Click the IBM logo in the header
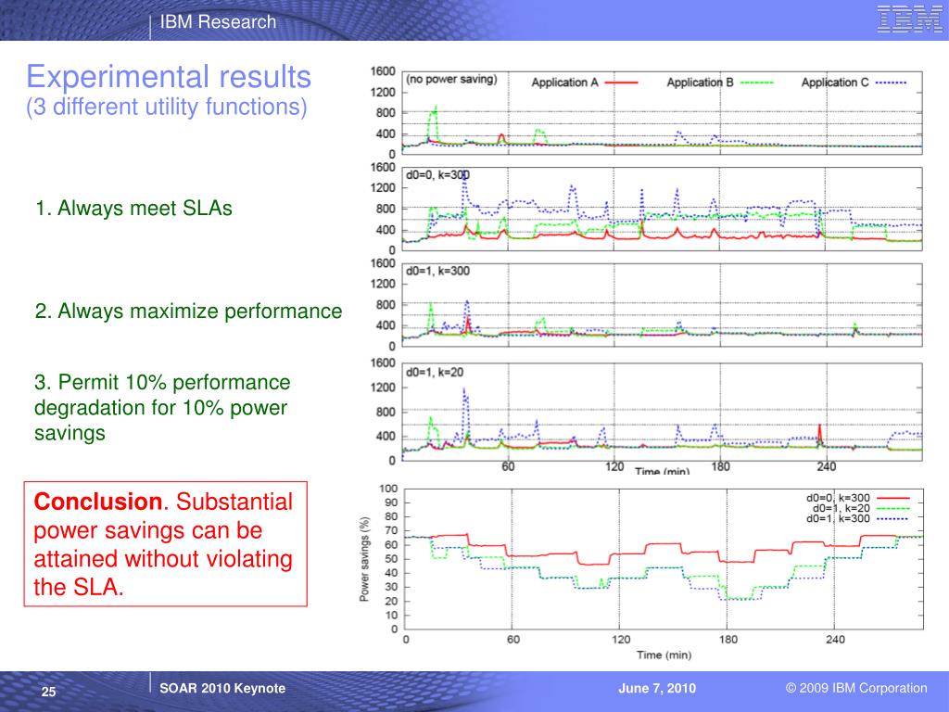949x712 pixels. (x=909, y=20)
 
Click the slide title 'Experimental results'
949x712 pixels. (x=168, y=75)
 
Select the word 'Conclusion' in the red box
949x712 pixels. (x=97, y=502)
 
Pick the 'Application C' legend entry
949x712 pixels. (x=835, y=83)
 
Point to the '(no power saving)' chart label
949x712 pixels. (x=451, y=80)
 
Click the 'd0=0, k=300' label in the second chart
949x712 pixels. (x=438, y=175)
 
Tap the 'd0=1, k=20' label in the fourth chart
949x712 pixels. (x=435, y=372)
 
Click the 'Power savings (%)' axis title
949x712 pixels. (x=364, y=559)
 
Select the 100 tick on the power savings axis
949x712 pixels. (x=388, y=489)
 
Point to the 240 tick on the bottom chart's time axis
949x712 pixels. (x=835, y=640)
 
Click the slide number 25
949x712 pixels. (x=49, y=693)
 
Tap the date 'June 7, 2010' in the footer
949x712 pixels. (x=657, y=688)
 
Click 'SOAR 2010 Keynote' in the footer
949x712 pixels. (x=222, y=688)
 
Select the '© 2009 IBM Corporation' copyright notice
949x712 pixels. (x=855, y=688)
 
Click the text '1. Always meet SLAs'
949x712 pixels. (x=133, y=209)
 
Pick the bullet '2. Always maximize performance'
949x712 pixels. (x=188, y=311)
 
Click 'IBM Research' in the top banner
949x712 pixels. (x=218, y=22)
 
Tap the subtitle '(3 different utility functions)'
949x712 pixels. (x=166, y=108)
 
